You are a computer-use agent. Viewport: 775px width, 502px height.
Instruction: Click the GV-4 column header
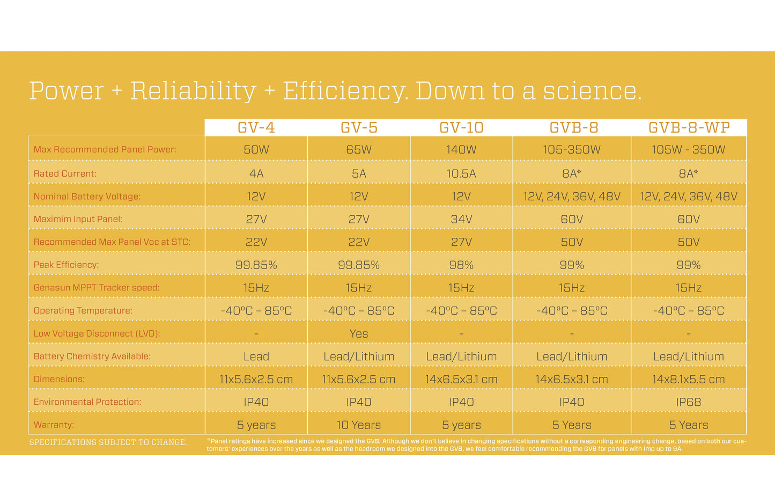pyautogui.click(x=256, y=128)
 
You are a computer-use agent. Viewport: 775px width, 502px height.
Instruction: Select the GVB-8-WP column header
pyautogui.click(x=689, y=128)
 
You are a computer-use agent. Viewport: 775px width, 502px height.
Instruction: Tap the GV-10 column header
pyautogui.click(x=461, y=128)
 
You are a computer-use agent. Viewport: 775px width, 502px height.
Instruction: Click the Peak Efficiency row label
pyautogui.click(x=67, y=265)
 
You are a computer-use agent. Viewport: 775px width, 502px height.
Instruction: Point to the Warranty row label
pyautogui.click(x=54, y=425)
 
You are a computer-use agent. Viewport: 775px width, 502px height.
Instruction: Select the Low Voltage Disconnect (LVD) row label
pyautogui.click(x=97, y=333)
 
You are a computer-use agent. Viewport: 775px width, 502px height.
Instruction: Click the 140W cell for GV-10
pyautogui.click(x=461, y=150)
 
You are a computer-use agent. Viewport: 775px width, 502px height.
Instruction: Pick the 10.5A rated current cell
pyautogui.click(x=461, y=173)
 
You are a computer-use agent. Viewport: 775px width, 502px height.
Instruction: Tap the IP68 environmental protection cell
pyautogui.click(x=689, y=402)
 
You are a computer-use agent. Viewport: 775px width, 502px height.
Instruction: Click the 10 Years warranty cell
pyautogui.click(x=359, y=425)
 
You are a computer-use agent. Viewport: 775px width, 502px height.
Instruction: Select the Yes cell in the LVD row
pyautogui.click(x=359, y=333)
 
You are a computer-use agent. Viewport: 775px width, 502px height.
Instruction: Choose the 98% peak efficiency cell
pyautogui.click(x=461, y=265)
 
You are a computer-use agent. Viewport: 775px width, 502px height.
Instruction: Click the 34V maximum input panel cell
pyautogui.click(x=461, y=219)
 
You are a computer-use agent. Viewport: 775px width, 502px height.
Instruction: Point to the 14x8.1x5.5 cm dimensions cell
pyautogui.click(x=689, y=379)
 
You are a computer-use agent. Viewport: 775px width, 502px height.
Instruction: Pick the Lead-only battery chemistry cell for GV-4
pyautogui.click(x=256, y=357)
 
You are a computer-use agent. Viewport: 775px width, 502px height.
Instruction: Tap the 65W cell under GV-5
pyautogui.click(x=359, y=150)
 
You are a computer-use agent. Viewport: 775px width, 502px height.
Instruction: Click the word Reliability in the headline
pyautogui.click(x=194, y=91)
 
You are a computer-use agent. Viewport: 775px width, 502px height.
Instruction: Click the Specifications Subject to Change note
pyautogui.click(x=108, y=442)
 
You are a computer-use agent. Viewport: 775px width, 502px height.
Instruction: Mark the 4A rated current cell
pyautogui.click(x=256, y=173)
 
